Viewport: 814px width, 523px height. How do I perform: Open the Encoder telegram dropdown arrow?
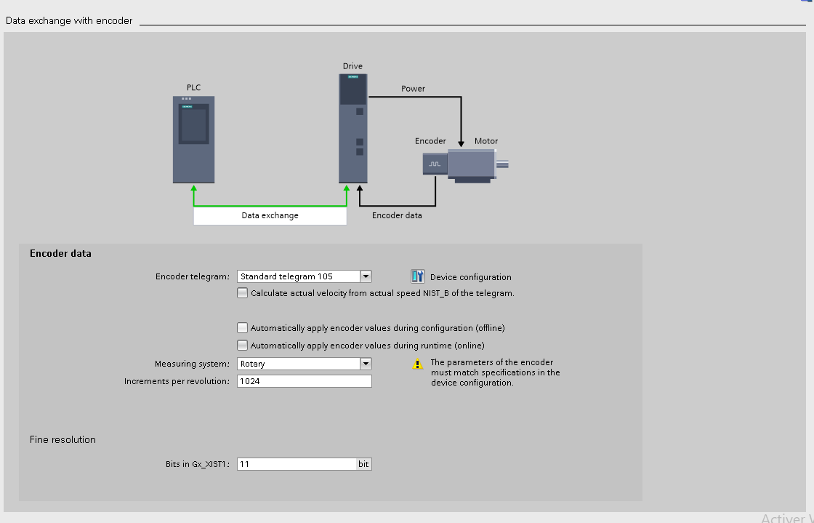click(x=366, y=276)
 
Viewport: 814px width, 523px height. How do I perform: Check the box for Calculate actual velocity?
click(x=243, y=293)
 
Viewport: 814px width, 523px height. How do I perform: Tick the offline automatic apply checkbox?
click(x=243, y=328)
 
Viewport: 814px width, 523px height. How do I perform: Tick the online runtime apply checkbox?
click(x=243, y=346)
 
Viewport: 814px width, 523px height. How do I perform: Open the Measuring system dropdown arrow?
click(x=366, y=364)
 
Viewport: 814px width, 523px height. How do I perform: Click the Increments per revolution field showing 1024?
click(x=304, y=381)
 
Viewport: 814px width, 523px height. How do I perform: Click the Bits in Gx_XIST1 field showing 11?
click(x=297, y=464)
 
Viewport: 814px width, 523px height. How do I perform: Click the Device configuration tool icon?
click(x=418, y=276)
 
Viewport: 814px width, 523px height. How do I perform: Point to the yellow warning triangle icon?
click(x=418, y=364)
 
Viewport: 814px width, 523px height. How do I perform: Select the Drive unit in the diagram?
click(x=353, y=128)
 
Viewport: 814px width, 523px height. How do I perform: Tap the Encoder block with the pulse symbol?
click(x=435, y=164)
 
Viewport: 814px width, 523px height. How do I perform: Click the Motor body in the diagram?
click(x=471, y=164)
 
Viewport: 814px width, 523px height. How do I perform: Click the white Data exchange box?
click(x=270, y=215)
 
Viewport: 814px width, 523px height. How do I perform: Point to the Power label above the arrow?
click(x=413, y=89)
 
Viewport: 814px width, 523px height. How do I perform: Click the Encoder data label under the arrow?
click(x=397, y=215)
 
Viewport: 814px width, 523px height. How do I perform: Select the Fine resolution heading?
click(x=63, y=439)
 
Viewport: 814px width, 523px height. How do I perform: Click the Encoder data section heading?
click(x=60, y=254)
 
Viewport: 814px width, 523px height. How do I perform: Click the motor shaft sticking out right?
click(x=502, y=165)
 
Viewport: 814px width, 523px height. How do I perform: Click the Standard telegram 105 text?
click(x=286, y=276)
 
